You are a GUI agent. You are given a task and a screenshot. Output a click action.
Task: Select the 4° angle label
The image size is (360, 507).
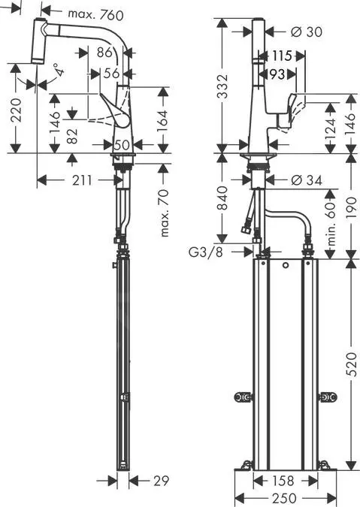(x=58, y=71)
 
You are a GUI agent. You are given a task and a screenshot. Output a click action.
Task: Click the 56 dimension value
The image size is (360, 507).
(x=111, y=73)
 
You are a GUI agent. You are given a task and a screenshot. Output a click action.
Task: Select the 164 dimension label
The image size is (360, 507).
(x=162, y=119)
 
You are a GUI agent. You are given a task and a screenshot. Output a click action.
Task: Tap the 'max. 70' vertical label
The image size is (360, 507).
(x=165, y=213)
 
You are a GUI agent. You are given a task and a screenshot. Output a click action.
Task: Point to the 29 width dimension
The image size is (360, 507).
(x=159, y=480)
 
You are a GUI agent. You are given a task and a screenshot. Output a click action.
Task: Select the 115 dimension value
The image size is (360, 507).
(x=282, y=56)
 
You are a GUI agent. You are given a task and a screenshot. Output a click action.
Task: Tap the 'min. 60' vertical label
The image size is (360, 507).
(x=328, y=218)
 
